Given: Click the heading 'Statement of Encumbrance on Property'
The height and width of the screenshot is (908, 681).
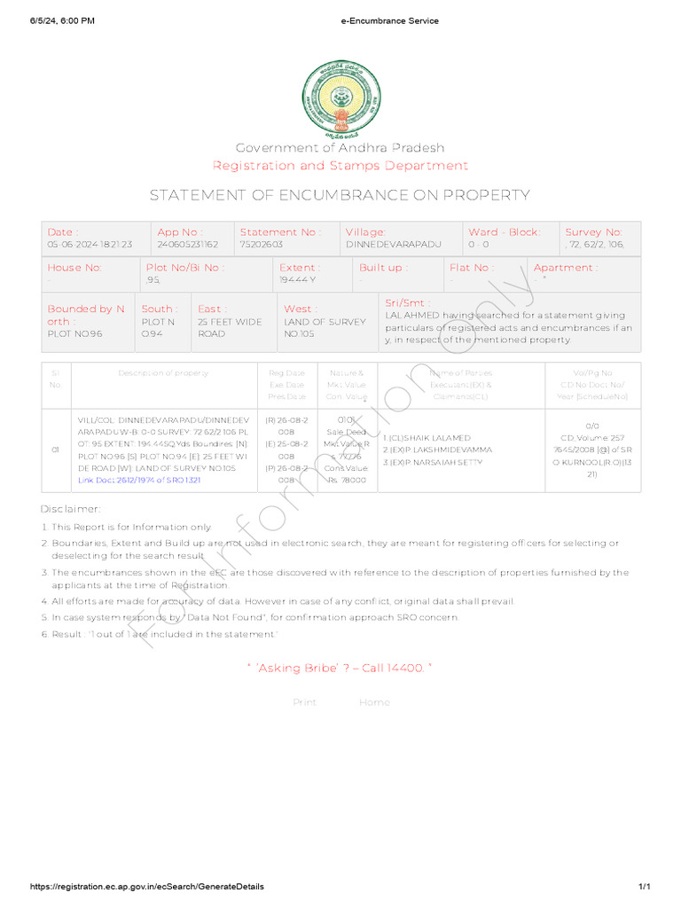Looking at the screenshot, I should (x=340, y=195).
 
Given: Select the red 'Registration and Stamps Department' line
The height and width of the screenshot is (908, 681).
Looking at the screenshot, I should (x=340, y=166).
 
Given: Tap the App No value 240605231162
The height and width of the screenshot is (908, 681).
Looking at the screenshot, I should (x=188, y=244).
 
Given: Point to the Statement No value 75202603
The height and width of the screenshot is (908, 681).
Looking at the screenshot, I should (x=262, y=244).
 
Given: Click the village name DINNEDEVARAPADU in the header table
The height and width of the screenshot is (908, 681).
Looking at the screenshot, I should (x=393, y=244).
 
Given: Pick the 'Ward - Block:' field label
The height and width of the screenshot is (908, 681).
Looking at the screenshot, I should (x=504, y=231).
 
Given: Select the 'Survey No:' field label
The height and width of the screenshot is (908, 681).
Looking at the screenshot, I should (x=593, y=231).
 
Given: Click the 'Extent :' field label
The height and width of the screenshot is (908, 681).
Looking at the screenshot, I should (x=300, y=267).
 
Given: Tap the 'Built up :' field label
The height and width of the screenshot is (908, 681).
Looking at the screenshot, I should (x=383, y=267).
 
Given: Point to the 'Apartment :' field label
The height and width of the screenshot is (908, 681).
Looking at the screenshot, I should (x=565, y=267).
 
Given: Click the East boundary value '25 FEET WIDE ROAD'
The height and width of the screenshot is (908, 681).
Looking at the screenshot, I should (x=230, y=328).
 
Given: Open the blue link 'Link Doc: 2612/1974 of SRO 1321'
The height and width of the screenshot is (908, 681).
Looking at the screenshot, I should (x=139, y=480).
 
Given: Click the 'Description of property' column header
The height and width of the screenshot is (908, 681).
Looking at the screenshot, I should (x=163, y=373).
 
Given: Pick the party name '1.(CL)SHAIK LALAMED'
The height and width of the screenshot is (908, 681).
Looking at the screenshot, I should (x=427, y=438).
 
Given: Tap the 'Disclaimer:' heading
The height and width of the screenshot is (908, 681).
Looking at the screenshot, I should (x=71, y=509).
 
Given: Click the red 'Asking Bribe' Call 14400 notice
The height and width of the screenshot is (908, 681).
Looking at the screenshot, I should (x=340, y=668).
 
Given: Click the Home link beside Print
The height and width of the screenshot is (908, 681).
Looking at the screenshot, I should (x=373, y=702).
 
